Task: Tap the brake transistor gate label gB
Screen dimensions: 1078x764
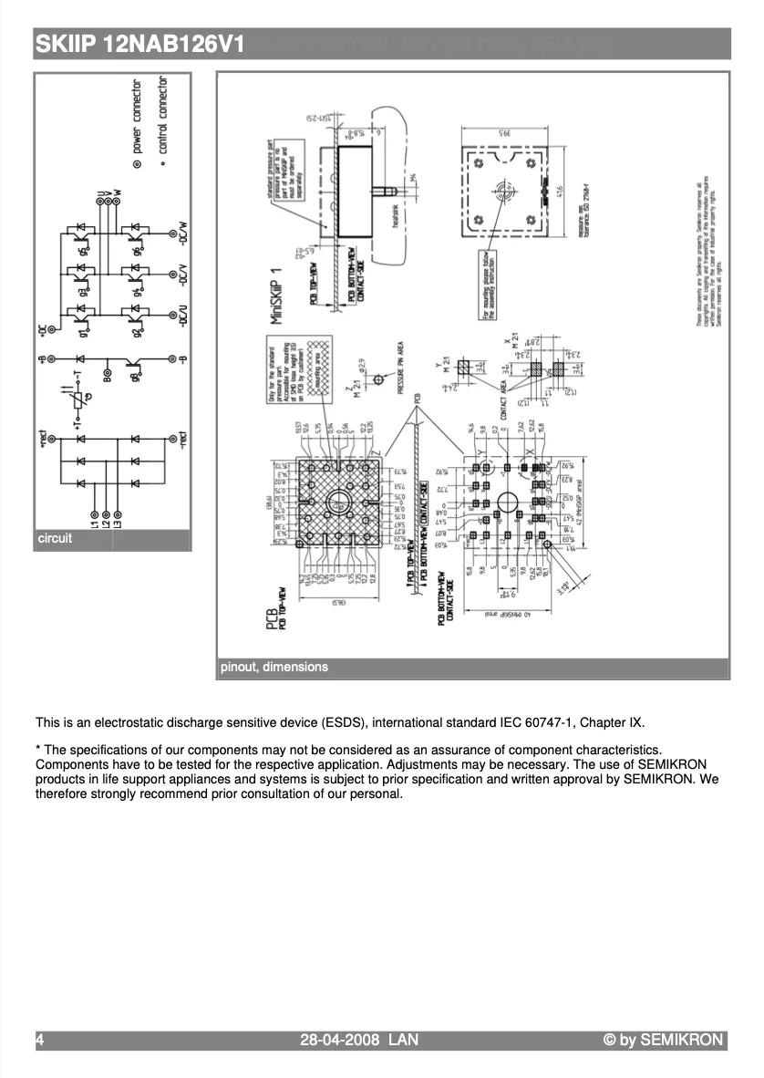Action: coord(136,375)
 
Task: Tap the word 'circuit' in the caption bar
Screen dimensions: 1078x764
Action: coord(55,539)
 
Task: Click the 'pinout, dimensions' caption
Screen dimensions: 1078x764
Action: coord(274,667)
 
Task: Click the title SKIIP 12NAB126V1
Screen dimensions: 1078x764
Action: coord(139,43)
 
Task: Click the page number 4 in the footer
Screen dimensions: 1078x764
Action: coord(40,1040)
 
